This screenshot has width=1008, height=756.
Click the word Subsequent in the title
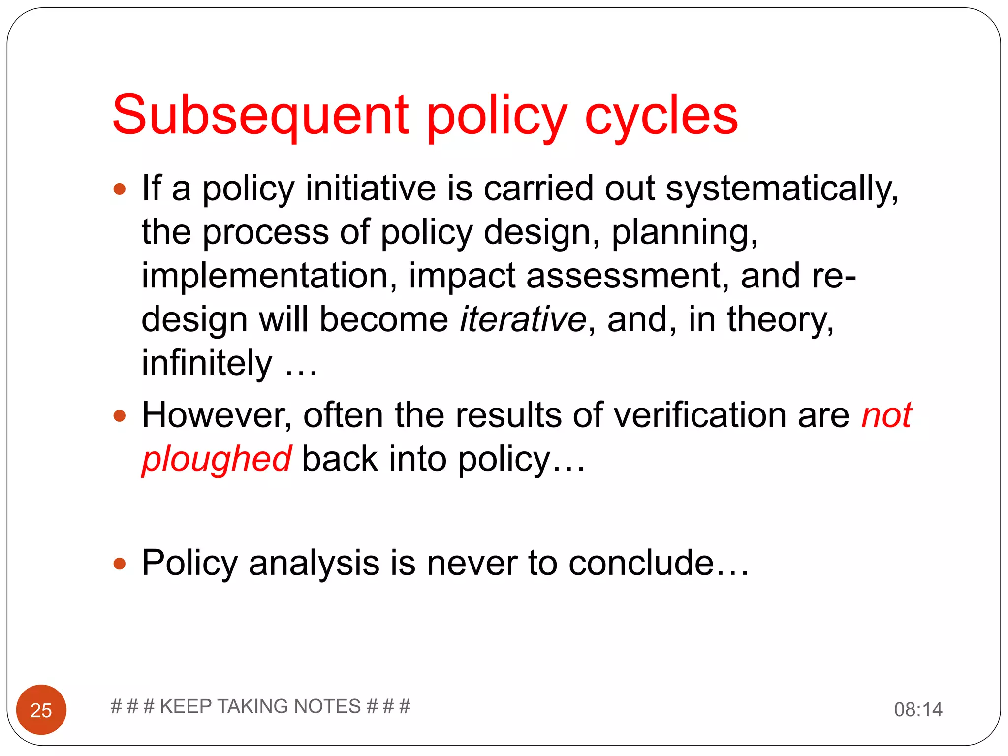pos(260,116)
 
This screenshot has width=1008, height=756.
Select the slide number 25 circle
pos(41,709)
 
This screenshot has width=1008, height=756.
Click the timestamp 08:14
pos(918,709)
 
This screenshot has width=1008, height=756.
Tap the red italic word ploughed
pos(217,459)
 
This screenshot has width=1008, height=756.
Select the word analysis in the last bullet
pos(314,564)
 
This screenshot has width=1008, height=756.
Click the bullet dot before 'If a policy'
pos(120,189)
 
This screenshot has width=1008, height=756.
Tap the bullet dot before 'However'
pos(120,416)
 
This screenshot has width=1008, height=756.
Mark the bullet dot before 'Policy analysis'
pos(120,563)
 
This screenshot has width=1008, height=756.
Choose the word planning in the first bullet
pos(684,232)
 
